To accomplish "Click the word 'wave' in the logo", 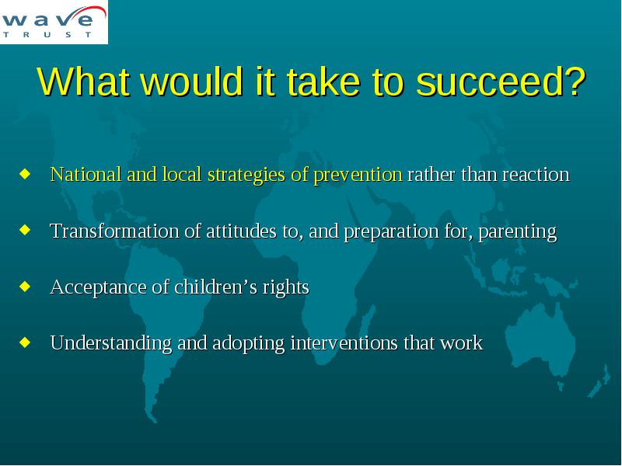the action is (x=49, y=18).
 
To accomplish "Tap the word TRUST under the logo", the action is (x=47, y=34).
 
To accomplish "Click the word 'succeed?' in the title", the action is (x=501, y=82).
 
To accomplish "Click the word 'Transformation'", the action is (x=114, y=231).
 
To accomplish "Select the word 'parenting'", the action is (x=518, y=231).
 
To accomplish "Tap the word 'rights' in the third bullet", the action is (x=285, y=287).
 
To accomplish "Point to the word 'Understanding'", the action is (x=111, y=343).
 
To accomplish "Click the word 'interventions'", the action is (x=344, y=343).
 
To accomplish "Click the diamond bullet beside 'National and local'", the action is (x=25, y=173).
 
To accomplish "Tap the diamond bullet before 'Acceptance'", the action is (x=25, y=286).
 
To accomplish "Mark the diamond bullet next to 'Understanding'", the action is (x=25, y=342).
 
